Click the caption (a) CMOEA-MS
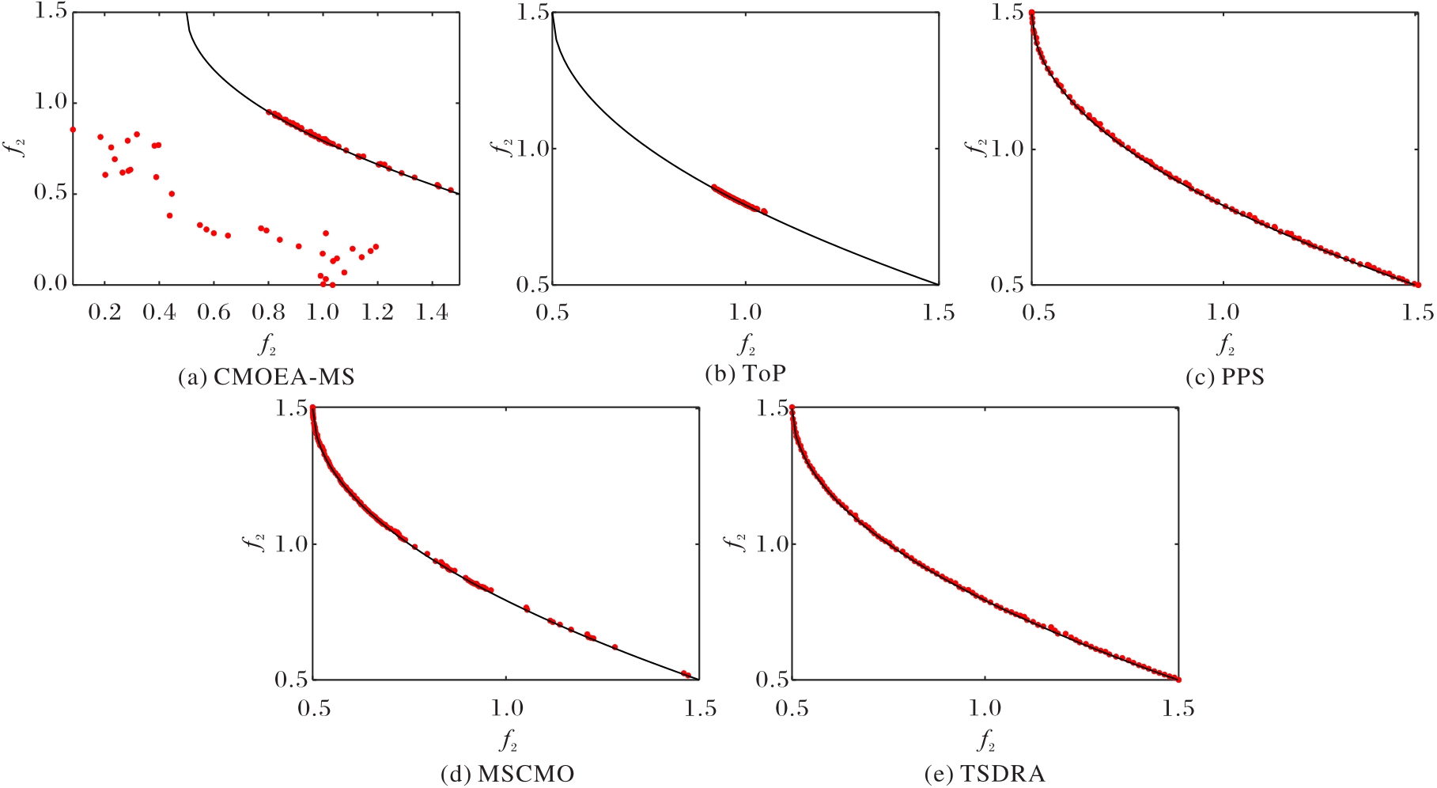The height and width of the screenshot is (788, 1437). tap(267, 377)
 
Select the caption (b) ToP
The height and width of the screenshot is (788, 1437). tap(746, 373)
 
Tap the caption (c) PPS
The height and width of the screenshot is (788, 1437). tap(1225, 377)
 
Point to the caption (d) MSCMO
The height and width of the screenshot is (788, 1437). tap(508, 773)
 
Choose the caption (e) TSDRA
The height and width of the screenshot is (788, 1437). tap(985, 773)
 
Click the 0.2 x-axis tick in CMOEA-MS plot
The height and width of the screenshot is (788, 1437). tap(104, 313)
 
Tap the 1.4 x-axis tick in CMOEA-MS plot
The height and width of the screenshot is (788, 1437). tap(432, 313)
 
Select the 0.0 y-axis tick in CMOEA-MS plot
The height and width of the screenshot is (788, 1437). tap(51, 283)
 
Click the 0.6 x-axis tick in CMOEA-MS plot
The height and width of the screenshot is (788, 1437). tap(214, 313)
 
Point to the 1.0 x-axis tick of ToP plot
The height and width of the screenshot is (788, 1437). tap(745, 313)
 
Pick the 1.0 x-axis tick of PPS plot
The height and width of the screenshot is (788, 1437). tap(1223, 313)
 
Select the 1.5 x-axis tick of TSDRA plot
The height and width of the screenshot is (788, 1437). tap(1178, 708)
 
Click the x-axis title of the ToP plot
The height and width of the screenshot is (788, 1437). tap(746, 345)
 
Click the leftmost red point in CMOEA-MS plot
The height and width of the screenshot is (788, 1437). tap(73, 129)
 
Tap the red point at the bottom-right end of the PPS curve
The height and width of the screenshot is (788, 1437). tap(1417, 285)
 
